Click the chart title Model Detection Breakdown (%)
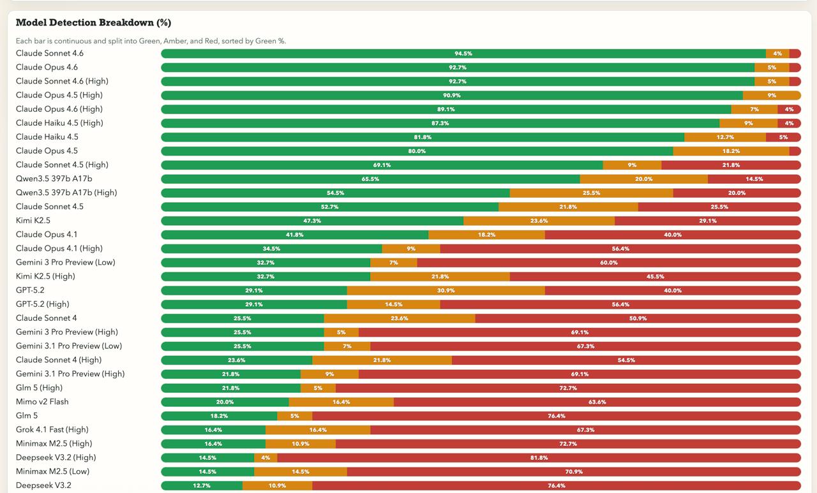[93, 23]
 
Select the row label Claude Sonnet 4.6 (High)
[62, 81]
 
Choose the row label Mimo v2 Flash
[42, 402]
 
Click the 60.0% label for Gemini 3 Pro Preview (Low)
[609, 263]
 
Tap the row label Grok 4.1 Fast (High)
[52, 429]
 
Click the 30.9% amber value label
[446, 291]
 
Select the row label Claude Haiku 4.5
[47, 137]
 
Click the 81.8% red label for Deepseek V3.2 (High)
[539, 458]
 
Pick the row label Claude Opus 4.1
[47, 235]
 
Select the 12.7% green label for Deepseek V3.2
[202, 486]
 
